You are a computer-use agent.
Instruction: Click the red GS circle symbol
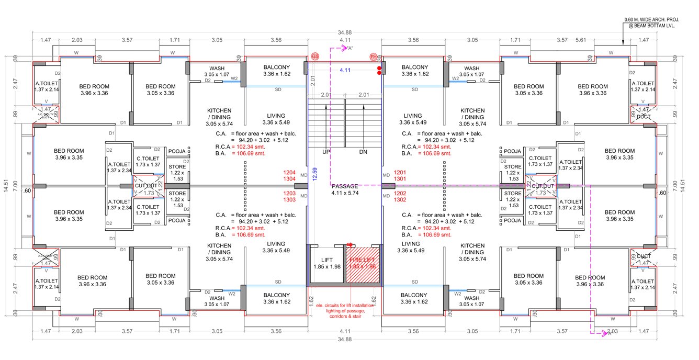[x=315, y=56]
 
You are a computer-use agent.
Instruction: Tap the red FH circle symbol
[x=374, y=56]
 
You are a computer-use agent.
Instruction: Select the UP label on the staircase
[x=326, y=151]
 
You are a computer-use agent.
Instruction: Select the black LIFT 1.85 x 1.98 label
[x=326, y=263]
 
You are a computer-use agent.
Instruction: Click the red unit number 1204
[x=290, y=172]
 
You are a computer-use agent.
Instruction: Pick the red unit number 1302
[x=400, y=200]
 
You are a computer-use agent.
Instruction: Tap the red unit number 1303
[x=290, y=200]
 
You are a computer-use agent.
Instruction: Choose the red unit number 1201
[x=400, y=172]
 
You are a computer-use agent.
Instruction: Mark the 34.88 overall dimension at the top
[x=345, y=32]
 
